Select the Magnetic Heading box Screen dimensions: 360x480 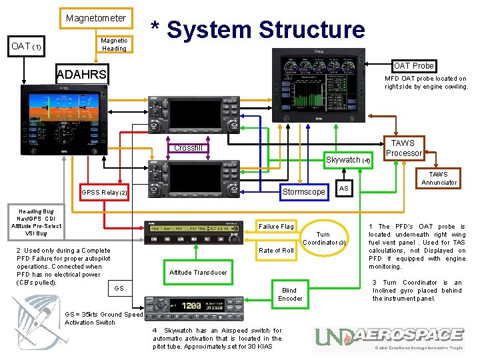click(113, 44)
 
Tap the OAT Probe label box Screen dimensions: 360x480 click(413, 65)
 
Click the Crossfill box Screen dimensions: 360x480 click(188, 147)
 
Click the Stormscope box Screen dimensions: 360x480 click(303, 192)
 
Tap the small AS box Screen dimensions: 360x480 click(343, 189)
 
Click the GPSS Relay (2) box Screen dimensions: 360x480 click(103, 192)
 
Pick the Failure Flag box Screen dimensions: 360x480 click(276, 227)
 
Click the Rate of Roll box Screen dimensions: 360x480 click(276, 250)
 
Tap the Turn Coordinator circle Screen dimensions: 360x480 click(323, 238)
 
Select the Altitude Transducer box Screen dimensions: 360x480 click(198, 272)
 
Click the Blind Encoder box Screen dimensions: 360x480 click(290, 294)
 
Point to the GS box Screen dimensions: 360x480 click(119, 288)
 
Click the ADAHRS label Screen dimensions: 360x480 click(82, 74)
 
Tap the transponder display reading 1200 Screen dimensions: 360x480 click(191, 305)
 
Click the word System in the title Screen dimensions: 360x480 click(208, 29)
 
